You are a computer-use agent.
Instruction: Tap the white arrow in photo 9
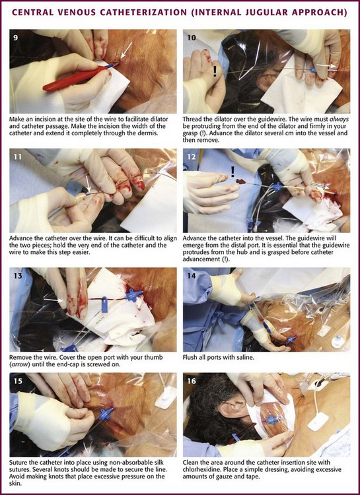pyautogui.click(x=127, y=50)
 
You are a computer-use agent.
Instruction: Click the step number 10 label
pyautogui.click(x=192, y=38)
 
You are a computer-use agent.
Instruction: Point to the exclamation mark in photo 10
pyautogui.click(x=215, y=71)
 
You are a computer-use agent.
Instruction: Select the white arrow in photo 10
pyautogui.click(x=327, y=65)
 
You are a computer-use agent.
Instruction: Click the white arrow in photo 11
pyautogui.click(x=88, y=184)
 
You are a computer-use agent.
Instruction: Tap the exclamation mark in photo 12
pyautogui.click(x=233, y=172)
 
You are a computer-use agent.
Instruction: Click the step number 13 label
pyautogui.click(x=18, y=276)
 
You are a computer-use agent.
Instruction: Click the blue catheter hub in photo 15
pyautogui.click(x=106, y=414)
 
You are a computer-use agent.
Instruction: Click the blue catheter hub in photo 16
pyautogui.click(x=272, y=420)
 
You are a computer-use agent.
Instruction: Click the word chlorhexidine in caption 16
pyautogui.click(x=199, y=469)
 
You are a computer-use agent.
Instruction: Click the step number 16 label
pyautogui.click(x=192, y=381)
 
